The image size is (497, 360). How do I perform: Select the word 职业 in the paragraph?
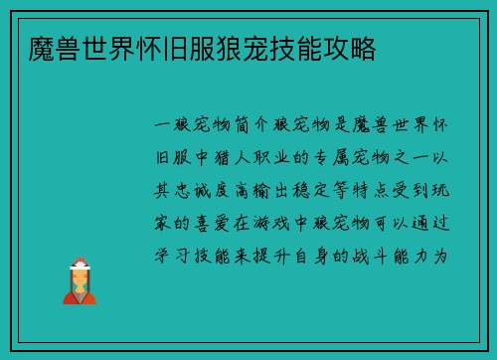coord(269,158)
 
